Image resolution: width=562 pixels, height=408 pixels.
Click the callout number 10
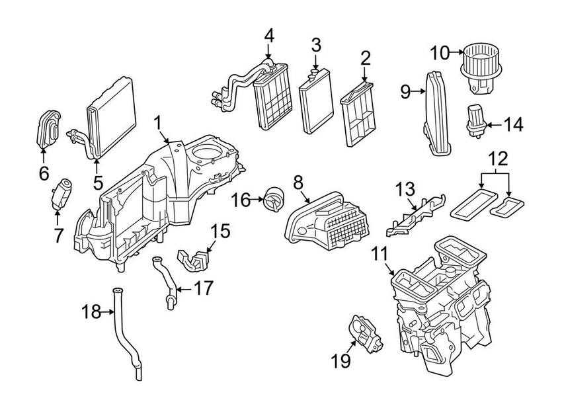440,52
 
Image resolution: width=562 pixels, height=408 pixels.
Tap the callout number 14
512,124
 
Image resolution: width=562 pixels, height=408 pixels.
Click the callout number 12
500,159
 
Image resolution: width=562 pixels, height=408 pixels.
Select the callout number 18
91,311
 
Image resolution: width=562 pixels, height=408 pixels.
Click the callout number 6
44,173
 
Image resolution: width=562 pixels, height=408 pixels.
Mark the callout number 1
158,122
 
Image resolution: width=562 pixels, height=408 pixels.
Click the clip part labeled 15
195,259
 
